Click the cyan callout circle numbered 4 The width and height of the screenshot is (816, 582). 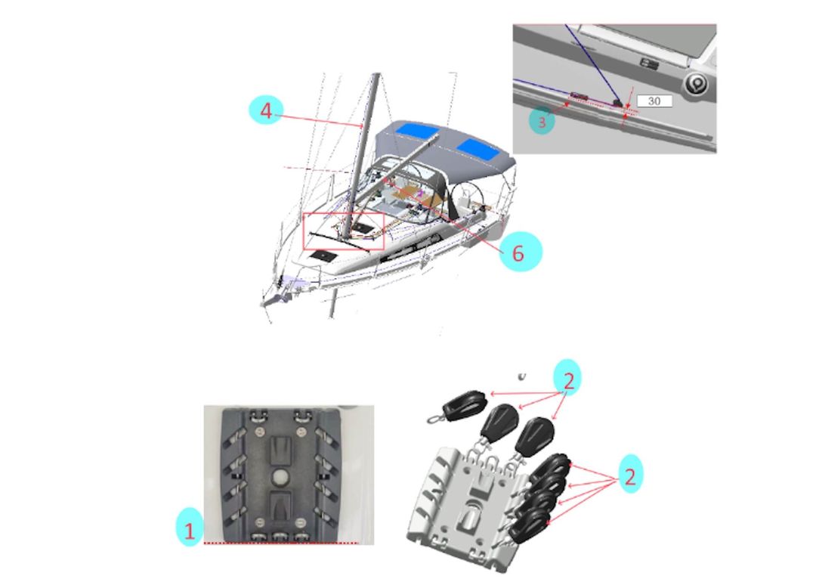pyautogui.click(x=265, y=111)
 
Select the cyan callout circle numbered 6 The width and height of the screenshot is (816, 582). pyautogui.click(x=518, y=252)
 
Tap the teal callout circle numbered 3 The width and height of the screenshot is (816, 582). pyautogui.click(x=541, y=120)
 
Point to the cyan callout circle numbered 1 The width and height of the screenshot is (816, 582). pyautogui.click(x=190, y=528)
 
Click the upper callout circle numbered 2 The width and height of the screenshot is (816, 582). pyautogui.click(x=569, y=380)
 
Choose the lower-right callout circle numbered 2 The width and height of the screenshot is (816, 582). pyautogui.click(x=629, y=476)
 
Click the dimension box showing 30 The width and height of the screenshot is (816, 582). pyautogui.click(x=654, y=101)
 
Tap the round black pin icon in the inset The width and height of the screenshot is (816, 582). pyautogui.click(x=695, y=84)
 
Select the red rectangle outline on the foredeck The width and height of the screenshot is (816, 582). pyautogui.click(x=344, y=231)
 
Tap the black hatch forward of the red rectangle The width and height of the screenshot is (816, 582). pyautogui.click(x=323, y=256)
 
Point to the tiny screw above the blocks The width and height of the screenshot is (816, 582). pyautogui.click(x=521, y=376)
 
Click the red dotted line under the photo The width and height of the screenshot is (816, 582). pyautogui.click(x=280, y=543)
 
